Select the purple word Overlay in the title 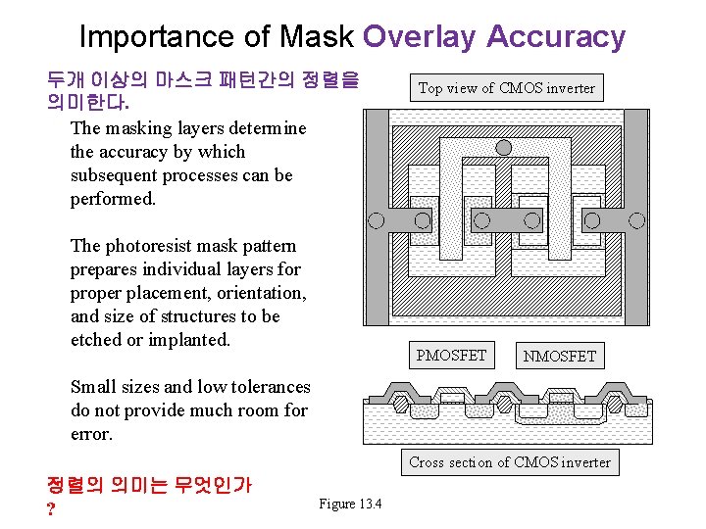point(419,36)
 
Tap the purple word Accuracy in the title point(555,36)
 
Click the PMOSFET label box point(451,356)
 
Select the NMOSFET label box point(559,356)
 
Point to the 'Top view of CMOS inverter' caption point(506,88)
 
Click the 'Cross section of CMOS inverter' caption point(509,462)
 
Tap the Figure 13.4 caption point(350,504)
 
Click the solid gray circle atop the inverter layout point(504,148)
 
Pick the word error point(91,434)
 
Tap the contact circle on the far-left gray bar point(375,219)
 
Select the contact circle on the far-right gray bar point(636,219)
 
